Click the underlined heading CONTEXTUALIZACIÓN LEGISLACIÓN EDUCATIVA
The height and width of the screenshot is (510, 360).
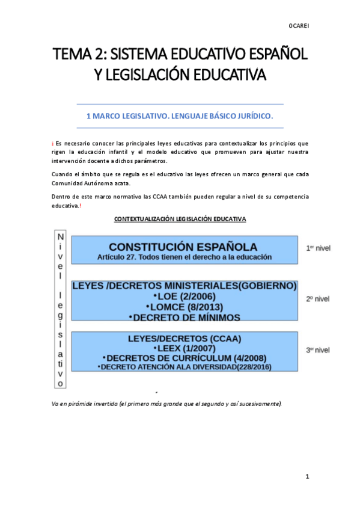coord(180,219)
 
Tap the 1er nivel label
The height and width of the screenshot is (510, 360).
coord(319,248)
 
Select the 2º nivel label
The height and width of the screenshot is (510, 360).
coord(318,298)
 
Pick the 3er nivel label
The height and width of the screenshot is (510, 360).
coord(318,349)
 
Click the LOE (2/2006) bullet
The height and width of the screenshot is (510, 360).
coord(185,296)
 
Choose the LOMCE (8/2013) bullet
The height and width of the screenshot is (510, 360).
coord(185,307)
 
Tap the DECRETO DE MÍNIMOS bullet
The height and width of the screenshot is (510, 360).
coord(185,317)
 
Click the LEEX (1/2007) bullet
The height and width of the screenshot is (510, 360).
coord(185,348)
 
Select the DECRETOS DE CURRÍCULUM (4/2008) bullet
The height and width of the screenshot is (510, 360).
coord(185,358)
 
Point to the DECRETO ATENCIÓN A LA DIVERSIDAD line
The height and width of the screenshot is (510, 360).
coord(185,366)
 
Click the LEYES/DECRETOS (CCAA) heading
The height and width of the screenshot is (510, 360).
coord(185,339)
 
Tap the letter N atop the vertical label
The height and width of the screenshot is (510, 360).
coord(60,238)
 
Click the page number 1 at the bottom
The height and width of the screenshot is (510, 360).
coord(307,477)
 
